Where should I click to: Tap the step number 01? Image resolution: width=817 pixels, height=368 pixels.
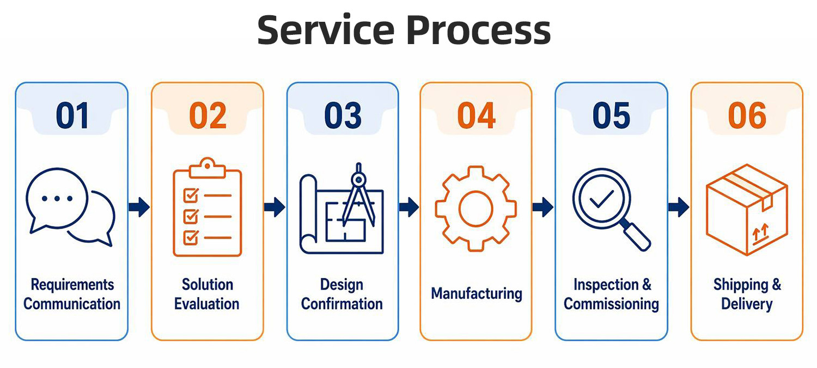click(72, 115)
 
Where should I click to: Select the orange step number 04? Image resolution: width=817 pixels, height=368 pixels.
click(476, 115)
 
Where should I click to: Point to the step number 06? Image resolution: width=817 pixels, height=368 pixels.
click(747, 115)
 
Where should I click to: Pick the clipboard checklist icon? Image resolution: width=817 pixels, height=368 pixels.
click(207, 207)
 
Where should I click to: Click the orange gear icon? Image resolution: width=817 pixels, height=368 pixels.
click(475, 208)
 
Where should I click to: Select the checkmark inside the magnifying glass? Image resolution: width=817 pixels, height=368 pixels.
click(601, 199)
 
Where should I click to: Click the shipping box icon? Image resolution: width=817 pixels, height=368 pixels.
click(747, 210)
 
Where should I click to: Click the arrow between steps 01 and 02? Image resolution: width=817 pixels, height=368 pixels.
click(139, 207)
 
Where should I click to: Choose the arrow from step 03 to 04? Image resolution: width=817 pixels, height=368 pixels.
click(409, 207)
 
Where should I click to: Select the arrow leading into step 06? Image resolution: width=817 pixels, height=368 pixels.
click(679, 207)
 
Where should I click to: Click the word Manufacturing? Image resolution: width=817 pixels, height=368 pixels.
click(477, 293)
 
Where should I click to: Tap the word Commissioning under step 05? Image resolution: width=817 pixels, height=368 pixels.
click(611, 304)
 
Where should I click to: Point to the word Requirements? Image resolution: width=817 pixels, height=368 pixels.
click(72, 285)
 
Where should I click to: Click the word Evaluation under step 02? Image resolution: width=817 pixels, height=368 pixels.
click(207, 304)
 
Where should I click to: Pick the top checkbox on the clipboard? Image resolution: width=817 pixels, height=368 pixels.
click(191, 195)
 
